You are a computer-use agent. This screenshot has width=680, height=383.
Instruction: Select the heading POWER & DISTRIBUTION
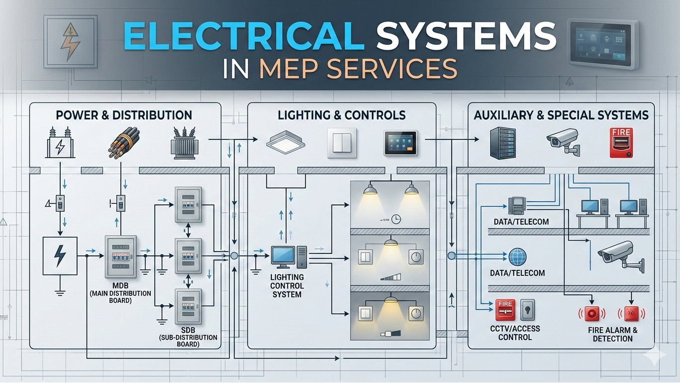click(124, 115)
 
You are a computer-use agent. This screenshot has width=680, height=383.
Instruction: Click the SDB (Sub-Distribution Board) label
click(188, 337)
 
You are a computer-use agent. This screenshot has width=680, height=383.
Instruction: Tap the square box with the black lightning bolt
click(60, 255)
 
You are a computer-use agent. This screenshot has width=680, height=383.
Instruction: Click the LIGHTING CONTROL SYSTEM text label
click(287, 285)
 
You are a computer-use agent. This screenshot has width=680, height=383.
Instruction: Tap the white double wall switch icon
click(342, 143)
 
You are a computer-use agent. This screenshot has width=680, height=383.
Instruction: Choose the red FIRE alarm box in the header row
click(621, 142)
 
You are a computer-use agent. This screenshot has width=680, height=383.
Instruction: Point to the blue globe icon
click(518, 256)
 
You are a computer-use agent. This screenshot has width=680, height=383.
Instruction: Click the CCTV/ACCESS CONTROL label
click(515, 333)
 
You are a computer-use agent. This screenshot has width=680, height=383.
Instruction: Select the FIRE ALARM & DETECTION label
click(612, 334)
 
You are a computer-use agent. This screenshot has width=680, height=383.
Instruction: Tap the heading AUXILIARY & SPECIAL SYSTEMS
click(561, 115)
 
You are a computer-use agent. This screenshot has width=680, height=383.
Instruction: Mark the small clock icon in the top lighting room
click(396, 218)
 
